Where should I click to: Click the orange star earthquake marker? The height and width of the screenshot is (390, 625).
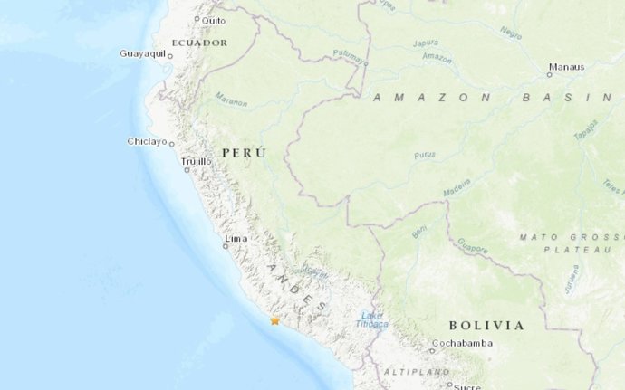point(275,319)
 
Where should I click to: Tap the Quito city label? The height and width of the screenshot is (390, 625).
point(214,20)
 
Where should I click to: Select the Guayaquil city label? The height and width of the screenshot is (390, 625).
point(143,53)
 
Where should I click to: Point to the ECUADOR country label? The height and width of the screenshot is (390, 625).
point(199,43)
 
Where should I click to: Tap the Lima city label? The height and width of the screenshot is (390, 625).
point(236,238)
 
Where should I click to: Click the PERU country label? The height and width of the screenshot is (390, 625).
point(243,154)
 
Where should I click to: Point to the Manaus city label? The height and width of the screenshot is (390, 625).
point(566,66)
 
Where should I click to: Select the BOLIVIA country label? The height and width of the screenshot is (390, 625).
point(486,325)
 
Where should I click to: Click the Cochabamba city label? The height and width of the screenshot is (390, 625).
point(463,343)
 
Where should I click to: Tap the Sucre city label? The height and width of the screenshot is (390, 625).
point(467,385)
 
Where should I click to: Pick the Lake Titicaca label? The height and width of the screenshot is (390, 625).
point(372,319)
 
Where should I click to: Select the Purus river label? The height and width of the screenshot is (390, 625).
point(425,156)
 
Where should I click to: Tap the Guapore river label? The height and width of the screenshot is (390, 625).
point(473,244)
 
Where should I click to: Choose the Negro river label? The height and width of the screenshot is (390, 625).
point(511,33)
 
